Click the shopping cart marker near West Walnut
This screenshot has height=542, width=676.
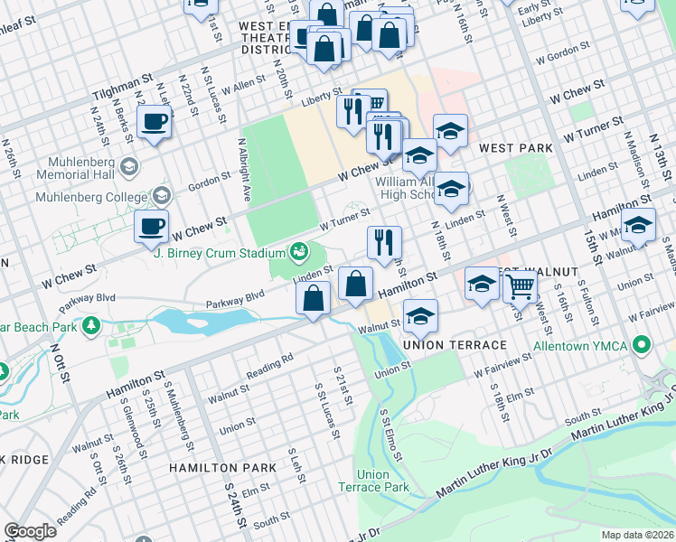[x=520, y=287]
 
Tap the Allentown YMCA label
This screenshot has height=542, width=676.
[x=591, y=347]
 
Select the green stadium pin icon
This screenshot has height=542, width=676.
[x=296, y=251]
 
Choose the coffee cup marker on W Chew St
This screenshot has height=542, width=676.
[x=151, y=227]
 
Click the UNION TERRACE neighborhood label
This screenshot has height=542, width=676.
[x=442, y=346]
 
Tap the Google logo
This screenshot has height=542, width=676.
[x=30, y=530]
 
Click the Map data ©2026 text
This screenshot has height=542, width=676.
[x=637, y=535]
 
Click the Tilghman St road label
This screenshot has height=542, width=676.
[x=121, y=87]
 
